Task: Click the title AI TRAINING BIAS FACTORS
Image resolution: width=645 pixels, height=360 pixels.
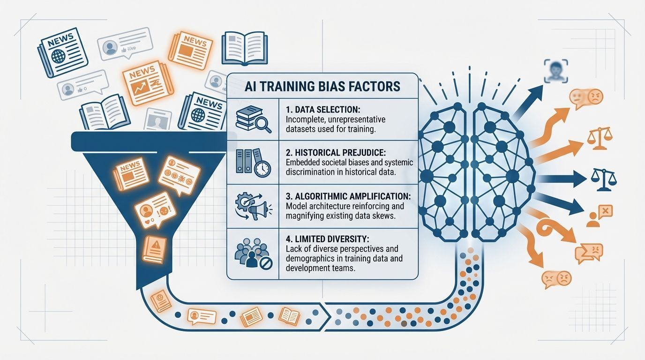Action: coord(322,86)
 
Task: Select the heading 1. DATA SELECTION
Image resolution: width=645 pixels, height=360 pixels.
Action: coord(323,110)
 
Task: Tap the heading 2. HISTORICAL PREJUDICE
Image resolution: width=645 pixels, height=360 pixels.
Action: coord(336,153)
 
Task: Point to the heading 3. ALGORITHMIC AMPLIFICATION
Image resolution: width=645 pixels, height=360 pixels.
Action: coord(348,196)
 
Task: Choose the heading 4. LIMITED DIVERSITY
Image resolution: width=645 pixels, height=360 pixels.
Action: coord(327,239)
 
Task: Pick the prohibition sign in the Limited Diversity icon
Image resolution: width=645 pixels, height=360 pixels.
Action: coord(265,263)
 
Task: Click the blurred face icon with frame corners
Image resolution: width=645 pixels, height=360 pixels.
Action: coord(556,71)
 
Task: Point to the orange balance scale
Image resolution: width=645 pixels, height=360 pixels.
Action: coord(600,139)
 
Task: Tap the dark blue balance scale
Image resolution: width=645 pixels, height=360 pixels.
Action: coord(604,180)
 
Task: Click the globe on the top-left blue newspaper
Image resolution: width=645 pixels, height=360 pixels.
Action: coord(58,56)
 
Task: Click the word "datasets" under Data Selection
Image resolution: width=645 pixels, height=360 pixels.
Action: coord(300,129)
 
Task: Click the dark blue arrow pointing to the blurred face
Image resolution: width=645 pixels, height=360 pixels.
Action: coord(527,101)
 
